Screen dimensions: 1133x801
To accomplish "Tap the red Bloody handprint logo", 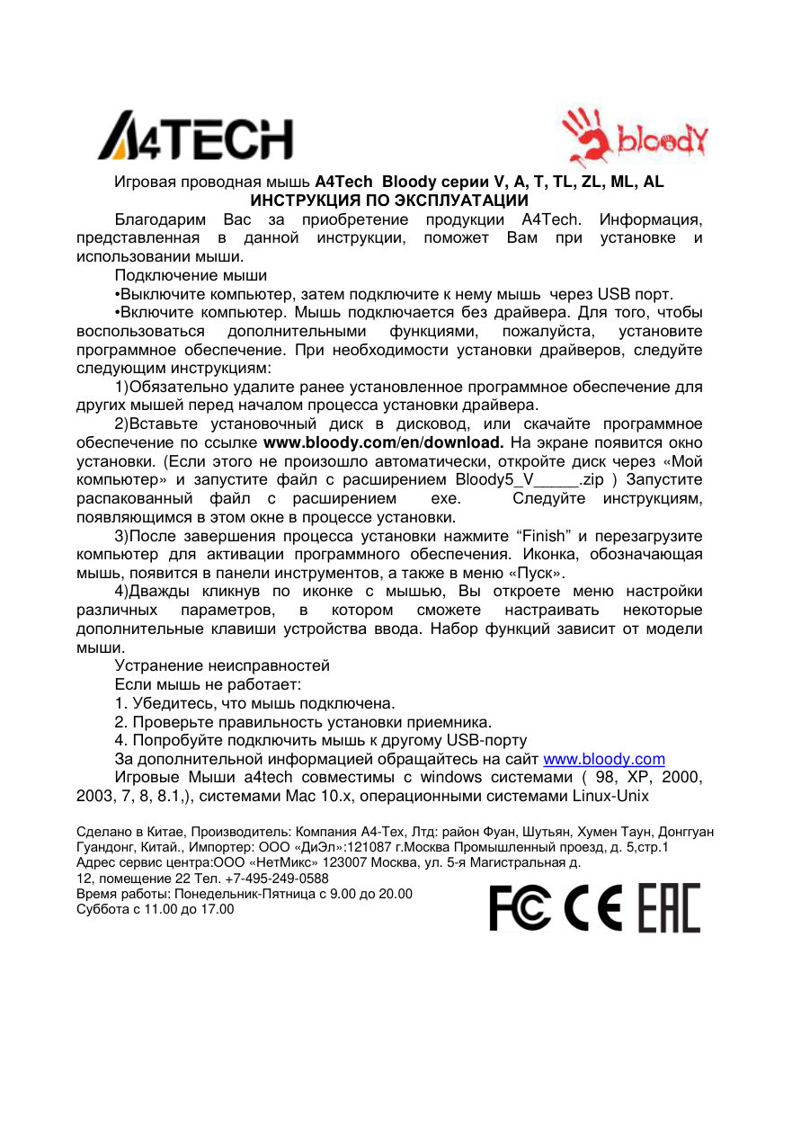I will (635, 138).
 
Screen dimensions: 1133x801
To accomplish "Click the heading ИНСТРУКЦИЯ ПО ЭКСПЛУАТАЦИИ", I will (388, 201).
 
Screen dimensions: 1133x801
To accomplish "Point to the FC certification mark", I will (521, 908).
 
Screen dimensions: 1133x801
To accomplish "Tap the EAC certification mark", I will (669, 908).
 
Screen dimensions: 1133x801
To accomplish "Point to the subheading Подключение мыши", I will (191, 275).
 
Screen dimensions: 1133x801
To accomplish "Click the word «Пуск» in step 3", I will (537, 573).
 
